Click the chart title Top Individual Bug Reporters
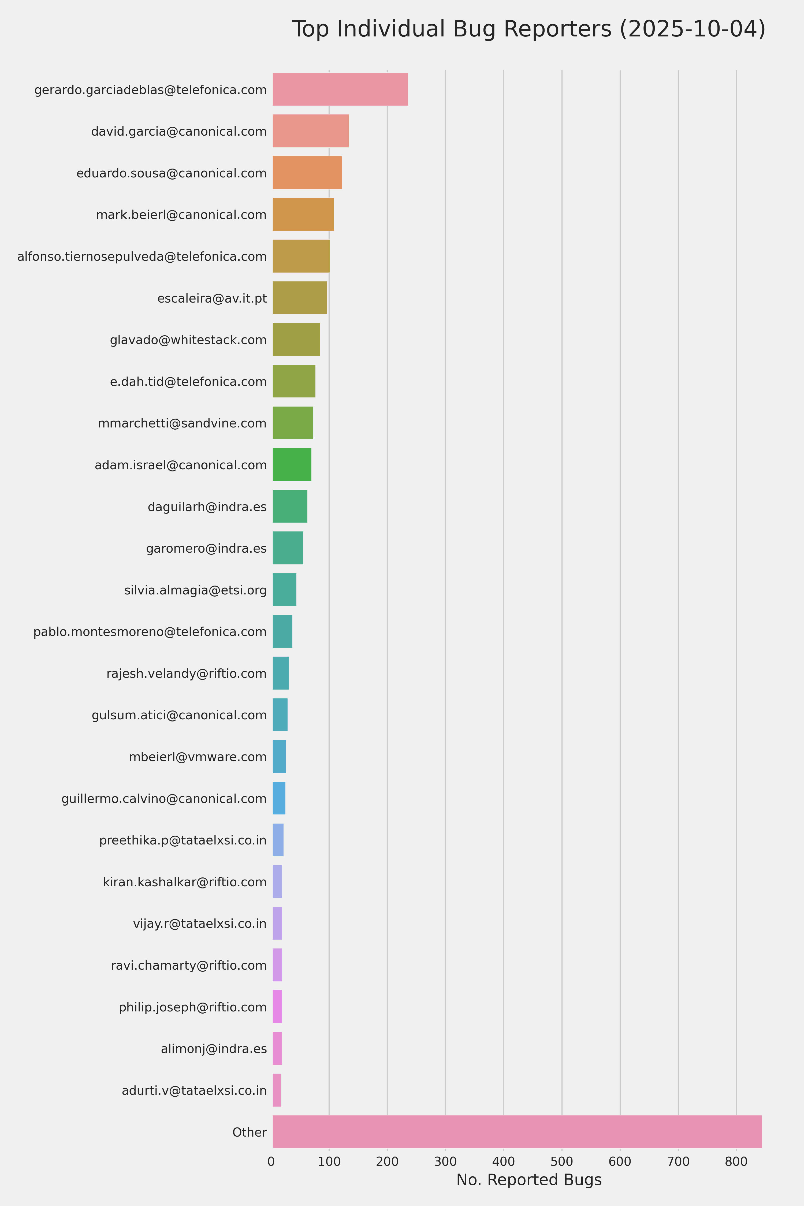click(528, 29)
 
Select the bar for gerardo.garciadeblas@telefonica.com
click(340, 89)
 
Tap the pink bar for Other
click(517, 1132)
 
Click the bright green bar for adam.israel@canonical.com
click(292, 464)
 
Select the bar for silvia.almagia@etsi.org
click(284, 590)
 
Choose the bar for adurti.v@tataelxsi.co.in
click(276, 1090)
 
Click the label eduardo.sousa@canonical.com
click(171, 173)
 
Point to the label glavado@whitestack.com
click(188, 340)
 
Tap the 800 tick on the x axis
click(736, 1162)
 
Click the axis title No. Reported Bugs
click(529, 1180)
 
